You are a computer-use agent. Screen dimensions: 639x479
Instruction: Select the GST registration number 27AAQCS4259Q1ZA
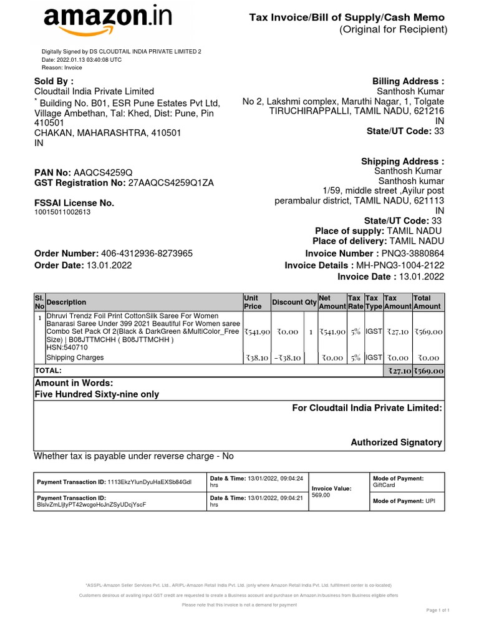(x=171, y=183)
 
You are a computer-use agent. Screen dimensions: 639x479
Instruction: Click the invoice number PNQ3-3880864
(x=413, y=253)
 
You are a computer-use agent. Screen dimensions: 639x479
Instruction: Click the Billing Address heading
(x=408, y=81)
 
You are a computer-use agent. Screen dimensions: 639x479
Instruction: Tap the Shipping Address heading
(x=402, y=162)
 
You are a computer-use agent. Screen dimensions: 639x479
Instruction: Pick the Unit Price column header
(x=252, y=302)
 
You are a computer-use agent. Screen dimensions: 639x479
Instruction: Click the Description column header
(x=66, y=302)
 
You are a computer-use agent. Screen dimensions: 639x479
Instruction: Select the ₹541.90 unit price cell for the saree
(x=256, y=333)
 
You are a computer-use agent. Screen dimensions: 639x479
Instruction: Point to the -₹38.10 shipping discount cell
(x=286, y=358)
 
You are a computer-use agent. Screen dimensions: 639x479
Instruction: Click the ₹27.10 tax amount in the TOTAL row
(x=397, y=371)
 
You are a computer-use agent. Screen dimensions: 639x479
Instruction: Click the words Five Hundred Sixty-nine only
(x=96, y=394)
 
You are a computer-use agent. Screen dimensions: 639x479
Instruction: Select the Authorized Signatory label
(x=396, y=442)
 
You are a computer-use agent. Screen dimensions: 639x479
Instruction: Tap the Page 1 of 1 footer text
(x=437, y=610)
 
